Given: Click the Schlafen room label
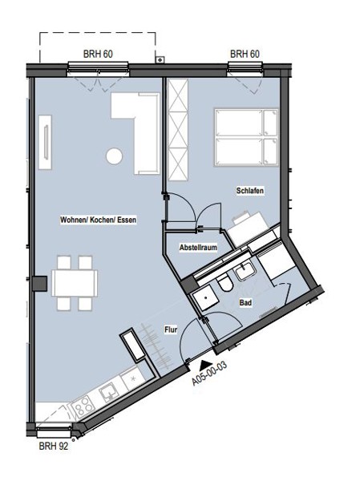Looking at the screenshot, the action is (x=250, y=191).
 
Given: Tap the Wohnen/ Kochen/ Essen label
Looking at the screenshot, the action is (x=98, y=220).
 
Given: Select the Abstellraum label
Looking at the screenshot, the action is (x=198, y=247).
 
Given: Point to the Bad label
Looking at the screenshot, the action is (x=245, y=303).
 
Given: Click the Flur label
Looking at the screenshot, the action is (x=171, y=329).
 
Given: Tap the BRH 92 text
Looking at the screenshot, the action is (x=54, y=446).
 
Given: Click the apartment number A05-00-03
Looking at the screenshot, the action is (x=209, y=374).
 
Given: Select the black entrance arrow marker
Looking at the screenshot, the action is (x=203, y=364).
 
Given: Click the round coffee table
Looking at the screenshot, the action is (x=115, y=156).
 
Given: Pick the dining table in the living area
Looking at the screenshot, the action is (x=75, y=283).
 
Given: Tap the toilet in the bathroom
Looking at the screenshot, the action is (x=225, y=282).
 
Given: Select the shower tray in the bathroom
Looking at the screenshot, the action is (x=203, y=297).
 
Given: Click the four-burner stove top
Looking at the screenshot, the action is (x=83, y=407).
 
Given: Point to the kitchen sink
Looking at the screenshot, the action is (x=108, y=394).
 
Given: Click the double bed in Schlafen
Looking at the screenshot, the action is (x=246, y=137).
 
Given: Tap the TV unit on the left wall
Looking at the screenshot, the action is (x=45, y=141).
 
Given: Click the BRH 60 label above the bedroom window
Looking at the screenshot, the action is (x=245, y=54).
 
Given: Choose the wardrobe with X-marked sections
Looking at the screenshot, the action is (x=178, y=129).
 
